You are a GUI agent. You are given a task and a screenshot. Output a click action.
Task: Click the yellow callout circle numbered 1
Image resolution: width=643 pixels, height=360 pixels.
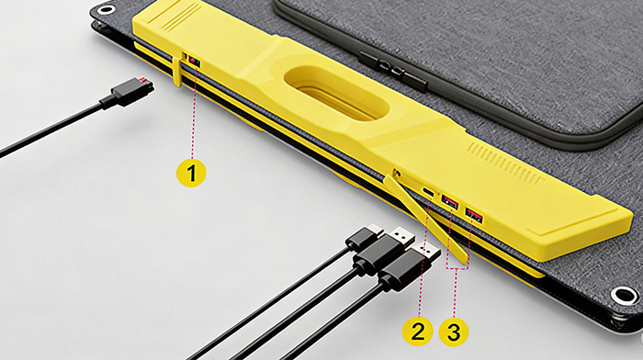tap(191, 171)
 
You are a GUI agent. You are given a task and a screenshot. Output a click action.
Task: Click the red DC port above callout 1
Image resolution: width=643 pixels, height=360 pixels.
tap(193, 62)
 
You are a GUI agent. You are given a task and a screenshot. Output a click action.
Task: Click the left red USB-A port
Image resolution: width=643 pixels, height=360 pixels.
tap(450, 201)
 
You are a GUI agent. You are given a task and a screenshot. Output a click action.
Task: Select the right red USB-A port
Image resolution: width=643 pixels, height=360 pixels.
tap(473, 215)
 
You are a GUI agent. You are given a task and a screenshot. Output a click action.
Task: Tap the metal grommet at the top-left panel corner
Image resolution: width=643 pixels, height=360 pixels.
tap(107, 10)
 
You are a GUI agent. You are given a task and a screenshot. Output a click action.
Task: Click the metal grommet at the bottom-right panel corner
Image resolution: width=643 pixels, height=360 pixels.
tap(624, 296)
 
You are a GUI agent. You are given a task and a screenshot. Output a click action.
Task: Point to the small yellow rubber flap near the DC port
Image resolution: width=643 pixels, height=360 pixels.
tap(175, 72)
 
